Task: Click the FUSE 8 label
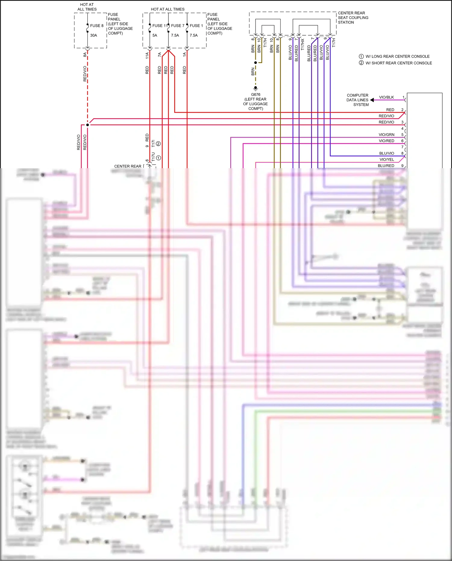[x=97, y=26]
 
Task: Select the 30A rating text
[x=93, y=35]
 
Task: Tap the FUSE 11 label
[x=159, y=26]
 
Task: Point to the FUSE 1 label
[x=196, y=26]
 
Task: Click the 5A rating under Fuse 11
[x=155, y=35]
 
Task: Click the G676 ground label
[x=256, y=94]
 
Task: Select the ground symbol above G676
[x=256, y=89]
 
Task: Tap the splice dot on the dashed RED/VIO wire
[x=87, y=125]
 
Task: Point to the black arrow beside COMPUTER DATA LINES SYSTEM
[x=372, y=100]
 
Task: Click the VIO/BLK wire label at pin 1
[x=386, y=97]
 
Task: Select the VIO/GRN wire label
[x=386, y=135]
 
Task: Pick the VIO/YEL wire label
[x=387, y=159]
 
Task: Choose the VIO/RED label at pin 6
[x=386, y=141]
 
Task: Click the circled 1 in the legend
[x=361, y=56]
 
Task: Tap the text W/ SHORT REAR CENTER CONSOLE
[x=398, y=63]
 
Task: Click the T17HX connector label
[x=303, y=44]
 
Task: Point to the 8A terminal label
[x=85, y=55]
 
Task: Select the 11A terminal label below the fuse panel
[x=147, y=55]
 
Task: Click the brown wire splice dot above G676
[x=256, y=63]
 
